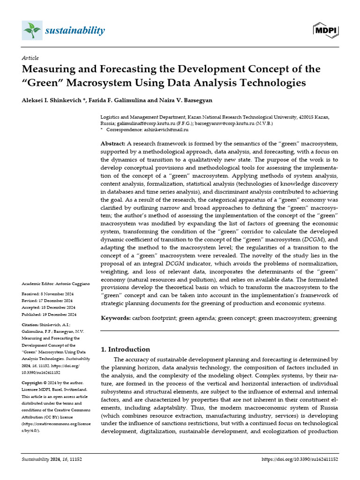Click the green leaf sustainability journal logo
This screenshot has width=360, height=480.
(32, 30)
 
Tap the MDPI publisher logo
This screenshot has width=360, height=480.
(325, 30)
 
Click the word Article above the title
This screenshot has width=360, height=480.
(30, 58)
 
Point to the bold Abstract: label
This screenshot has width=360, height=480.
(113, 143)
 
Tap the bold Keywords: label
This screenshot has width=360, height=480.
(116, 318)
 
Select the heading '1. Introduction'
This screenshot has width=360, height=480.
(126, 349)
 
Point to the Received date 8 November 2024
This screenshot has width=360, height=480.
(59, 293)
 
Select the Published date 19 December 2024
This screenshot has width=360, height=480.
(60, 315)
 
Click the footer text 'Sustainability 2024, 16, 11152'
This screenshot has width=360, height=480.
(52, 460)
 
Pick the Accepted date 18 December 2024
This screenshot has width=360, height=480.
(60, 307)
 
